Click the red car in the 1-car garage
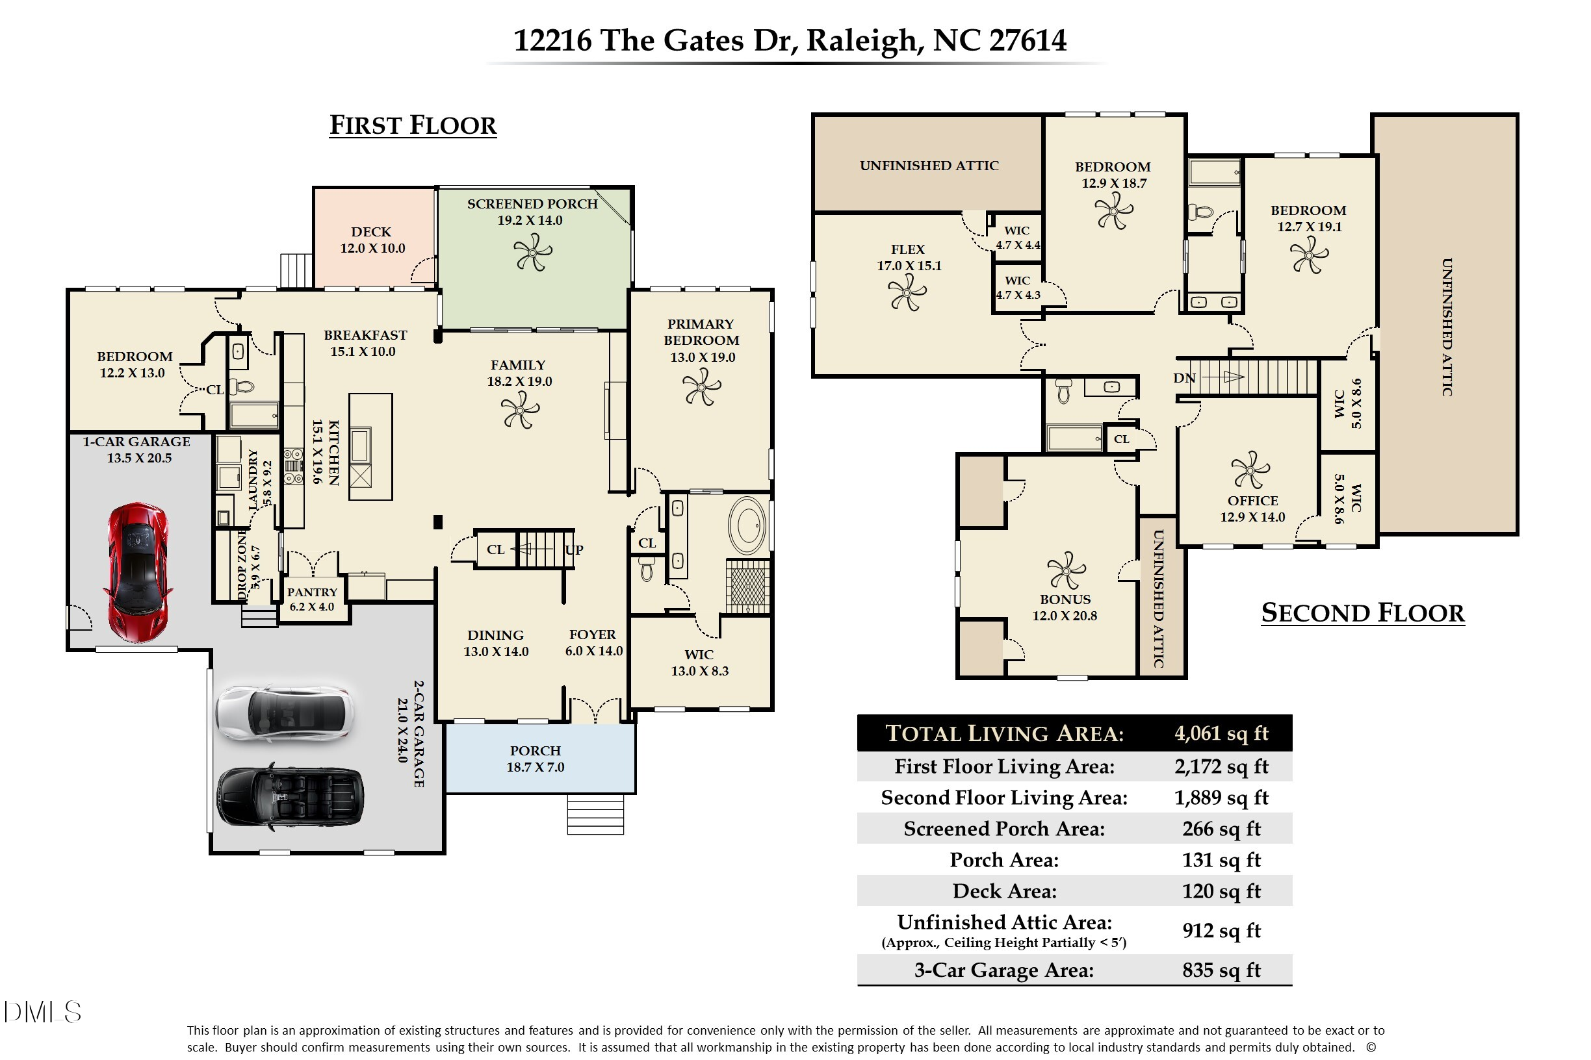[x=138, y=572]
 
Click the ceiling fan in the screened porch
[x=532, y=251]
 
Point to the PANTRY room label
[x=312, y=592]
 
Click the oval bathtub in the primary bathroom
[x=747, y=526]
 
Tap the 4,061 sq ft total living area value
[x=1221, y=733]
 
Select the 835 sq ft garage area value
[x=1221, y=970]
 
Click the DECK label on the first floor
[x=370, y=232]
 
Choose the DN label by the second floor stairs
[x=1184, y=378]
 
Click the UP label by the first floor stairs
[x=575, y=549]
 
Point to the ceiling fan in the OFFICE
[x=1250, y=470]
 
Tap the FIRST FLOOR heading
[x=413, y=125]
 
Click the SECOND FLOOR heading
[x=1362, y=612]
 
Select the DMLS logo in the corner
[x=43, y=1012]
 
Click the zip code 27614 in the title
[x=1028, y=40]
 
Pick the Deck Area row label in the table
[x=1005, y=891]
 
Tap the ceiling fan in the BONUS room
[x=1066, y=570]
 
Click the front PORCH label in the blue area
[x=535, y=750]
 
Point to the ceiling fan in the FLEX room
[x=907, y=294]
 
